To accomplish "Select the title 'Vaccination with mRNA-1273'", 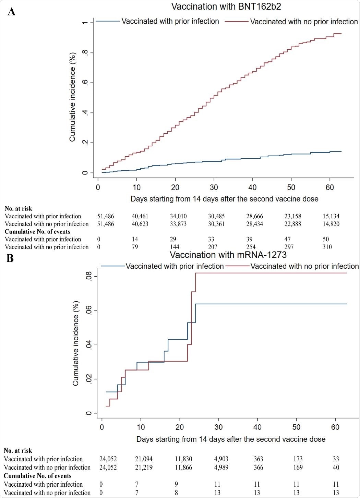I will coord(228,255).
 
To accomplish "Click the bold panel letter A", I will coord(11,12).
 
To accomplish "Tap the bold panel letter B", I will coord(10,258).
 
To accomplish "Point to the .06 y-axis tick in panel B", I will coord(89,311).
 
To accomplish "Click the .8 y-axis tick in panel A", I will coord(84,53).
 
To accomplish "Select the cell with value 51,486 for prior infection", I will coord(106,216).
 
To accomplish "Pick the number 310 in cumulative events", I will coord(327,247).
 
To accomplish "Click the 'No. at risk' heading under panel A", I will coord(18,208).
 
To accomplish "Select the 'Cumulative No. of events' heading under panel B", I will coord(37,476).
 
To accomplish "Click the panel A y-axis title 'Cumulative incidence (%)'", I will coord(72,97).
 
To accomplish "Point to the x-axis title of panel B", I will coord(231,439).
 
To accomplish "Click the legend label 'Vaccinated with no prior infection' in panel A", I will coord(304,22).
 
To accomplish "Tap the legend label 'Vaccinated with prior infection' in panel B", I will coord(175,266).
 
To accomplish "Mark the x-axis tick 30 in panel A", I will coord(214,187).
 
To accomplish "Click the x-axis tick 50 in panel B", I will coord(296,427).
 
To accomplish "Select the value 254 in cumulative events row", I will coord(251,247).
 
